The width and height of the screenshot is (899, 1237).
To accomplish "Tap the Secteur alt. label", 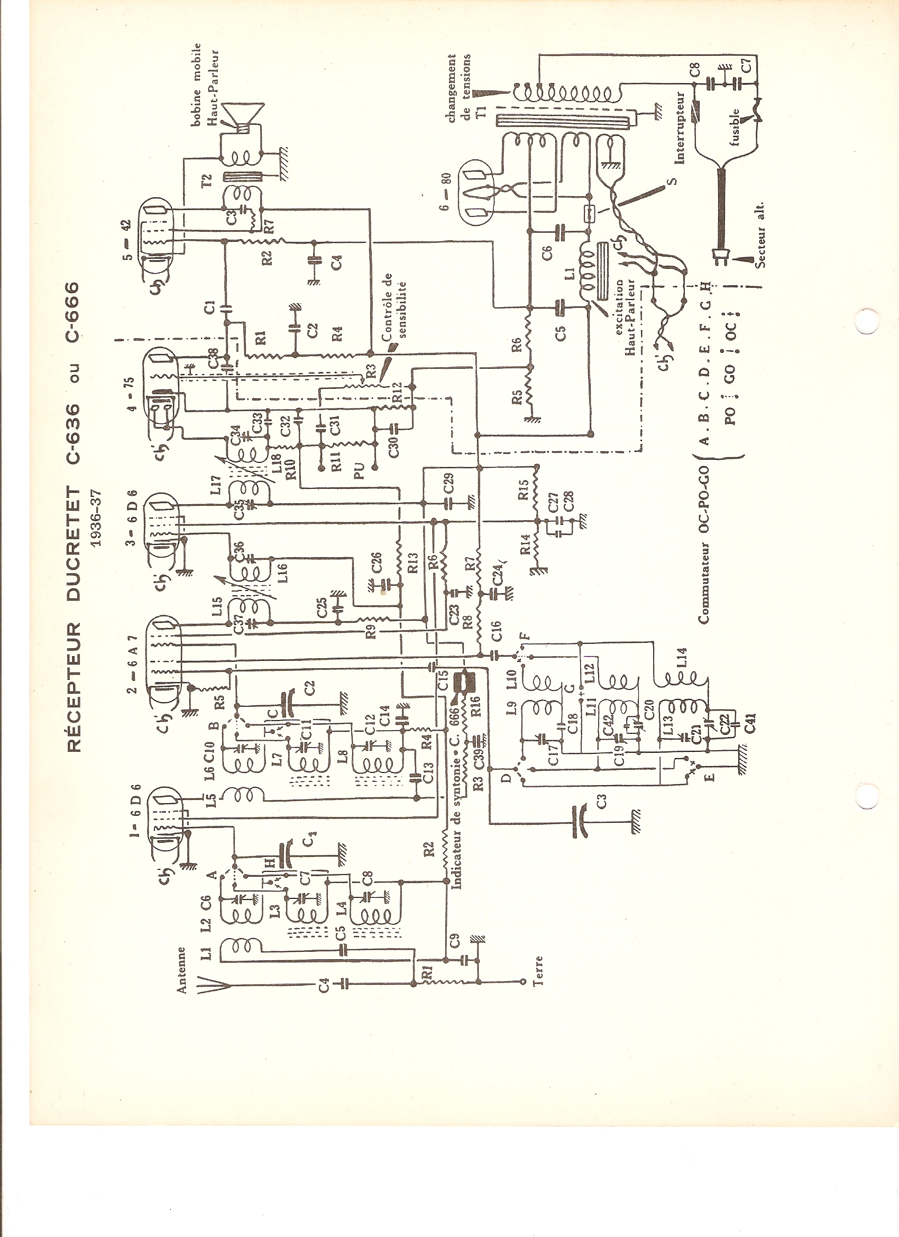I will (x=760, y=235).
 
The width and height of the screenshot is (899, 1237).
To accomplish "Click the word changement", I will (x=452, y=88).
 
